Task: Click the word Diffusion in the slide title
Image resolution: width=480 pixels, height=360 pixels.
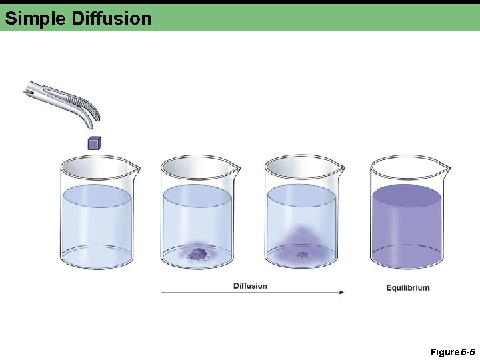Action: tap(111, 18)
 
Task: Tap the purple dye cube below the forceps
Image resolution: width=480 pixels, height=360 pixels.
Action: tap(94, 142)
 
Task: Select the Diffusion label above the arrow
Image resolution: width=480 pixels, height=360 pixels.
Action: tap(250, 286)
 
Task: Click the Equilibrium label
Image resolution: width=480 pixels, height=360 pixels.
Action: tap(408, 288)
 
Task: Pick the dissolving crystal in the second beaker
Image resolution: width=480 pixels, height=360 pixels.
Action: tap(197, 253)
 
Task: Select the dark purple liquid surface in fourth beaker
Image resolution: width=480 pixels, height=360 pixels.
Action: tap(407, 196)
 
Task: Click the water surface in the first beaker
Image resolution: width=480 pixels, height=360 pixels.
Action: tap(96, 196)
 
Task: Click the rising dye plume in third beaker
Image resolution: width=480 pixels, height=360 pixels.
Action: tap(301, 237)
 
